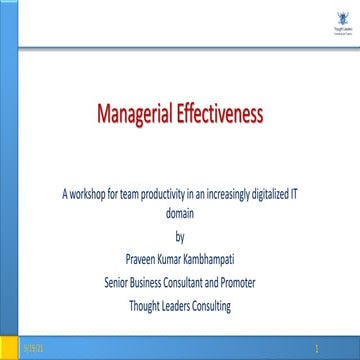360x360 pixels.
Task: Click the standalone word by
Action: tap(180, 236)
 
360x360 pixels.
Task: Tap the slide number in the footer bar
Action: tap(318, 345)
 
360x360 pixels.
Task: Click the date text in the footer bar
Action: tap(35, 345)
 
